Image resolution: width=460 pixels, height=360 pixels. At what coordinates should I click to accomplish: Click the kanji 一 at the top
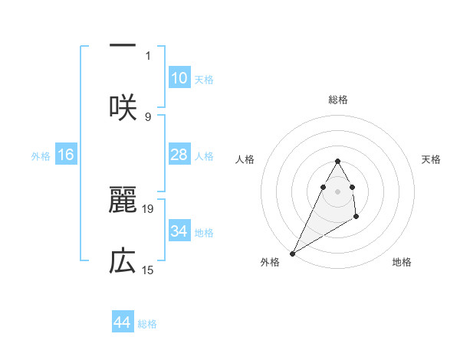(123, 47)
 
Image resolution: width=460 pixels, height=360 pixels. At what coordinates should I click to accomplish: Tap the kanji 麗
(123, 200)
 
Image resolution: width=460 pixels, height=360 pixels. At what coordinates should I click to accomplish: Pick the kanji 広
(123, 262)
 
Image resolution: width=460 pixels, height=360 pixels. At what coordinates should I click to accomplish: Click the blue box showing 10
(179, 78)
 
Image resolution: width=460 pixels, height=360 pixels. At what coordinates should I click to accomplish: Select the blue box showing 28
(179, 155)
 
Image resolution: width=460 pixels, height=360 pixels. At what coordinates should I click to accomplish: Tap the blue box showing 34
(179, 231)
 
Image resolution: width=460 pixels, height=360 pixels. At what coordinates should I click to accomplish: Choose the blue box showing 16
(66, 155)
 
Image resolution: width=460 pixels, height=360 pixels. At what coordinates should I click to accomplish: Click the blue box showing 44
(123, 322)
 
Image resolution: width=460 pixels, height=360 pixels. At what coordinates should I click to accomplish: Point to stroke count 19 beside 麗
(148, 208)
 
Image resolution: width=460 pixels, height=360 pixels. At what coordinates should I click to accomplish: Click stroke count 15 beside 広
(148, 270)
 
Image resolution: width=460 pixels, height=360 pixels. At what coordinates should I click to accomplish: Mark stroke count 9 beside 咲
(148, 116)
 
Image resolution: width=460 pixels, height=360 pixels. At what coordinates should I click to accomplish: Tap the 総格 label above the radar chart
(337, 100)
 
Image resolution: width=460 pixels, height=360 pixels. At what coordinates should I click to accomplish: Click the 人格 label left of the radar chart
(245, 159)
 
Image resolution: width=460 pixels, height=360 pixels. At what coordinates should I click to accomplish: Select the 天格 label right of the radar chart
(431, 159)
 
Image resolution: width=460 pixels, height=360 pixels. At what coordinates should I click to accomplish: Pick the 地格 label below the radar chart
(402, 262)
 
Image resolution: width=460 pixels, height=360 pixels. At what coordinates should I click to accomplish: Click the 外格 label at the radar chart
(270, 262)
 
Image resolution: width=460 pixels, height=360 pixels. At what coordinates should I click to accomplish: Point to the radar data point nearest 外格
(292, 253)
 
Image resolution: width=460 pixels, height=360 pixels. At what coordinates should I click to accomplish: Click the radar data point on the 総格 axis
(337, 161)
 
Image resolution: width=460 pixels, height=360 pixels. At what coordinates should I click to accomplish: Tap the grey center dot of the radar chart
(337, 191)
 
